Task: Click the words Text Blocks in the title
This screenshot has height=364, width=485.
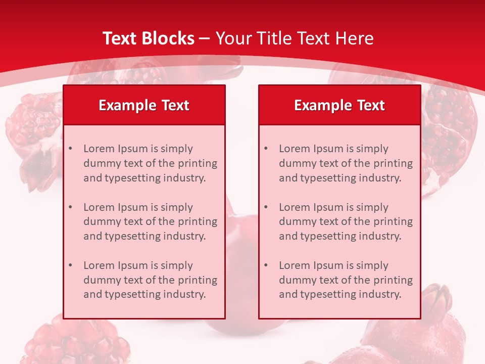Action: (148, 38)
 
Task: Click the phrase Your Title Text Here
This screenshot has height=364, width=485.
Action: (295, 38)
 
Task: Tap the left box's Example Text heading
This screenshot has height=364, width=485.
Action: (144, 105)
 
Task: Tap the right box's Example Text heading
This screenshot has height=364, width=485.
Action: (339, 105)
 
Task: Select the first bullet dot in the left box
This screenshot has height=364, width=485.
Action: (71, 149)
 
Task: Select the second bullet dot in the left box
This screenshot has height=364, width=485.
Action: (71, 207)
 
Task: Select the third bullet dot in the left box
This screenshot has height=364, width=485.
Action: (71, 265)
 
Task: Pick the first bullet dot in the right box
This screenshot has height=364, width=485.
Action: (266, 149)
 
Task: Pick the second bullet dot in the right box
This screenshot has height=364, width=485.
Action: (266, 207)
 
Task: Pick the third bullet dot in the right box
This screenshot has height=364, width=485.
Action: (266, 265)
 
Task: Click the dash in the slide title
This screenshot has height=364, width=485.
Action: (205, 39)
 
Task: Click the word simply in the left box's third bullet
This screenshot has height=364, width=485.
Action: (176, 265)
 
